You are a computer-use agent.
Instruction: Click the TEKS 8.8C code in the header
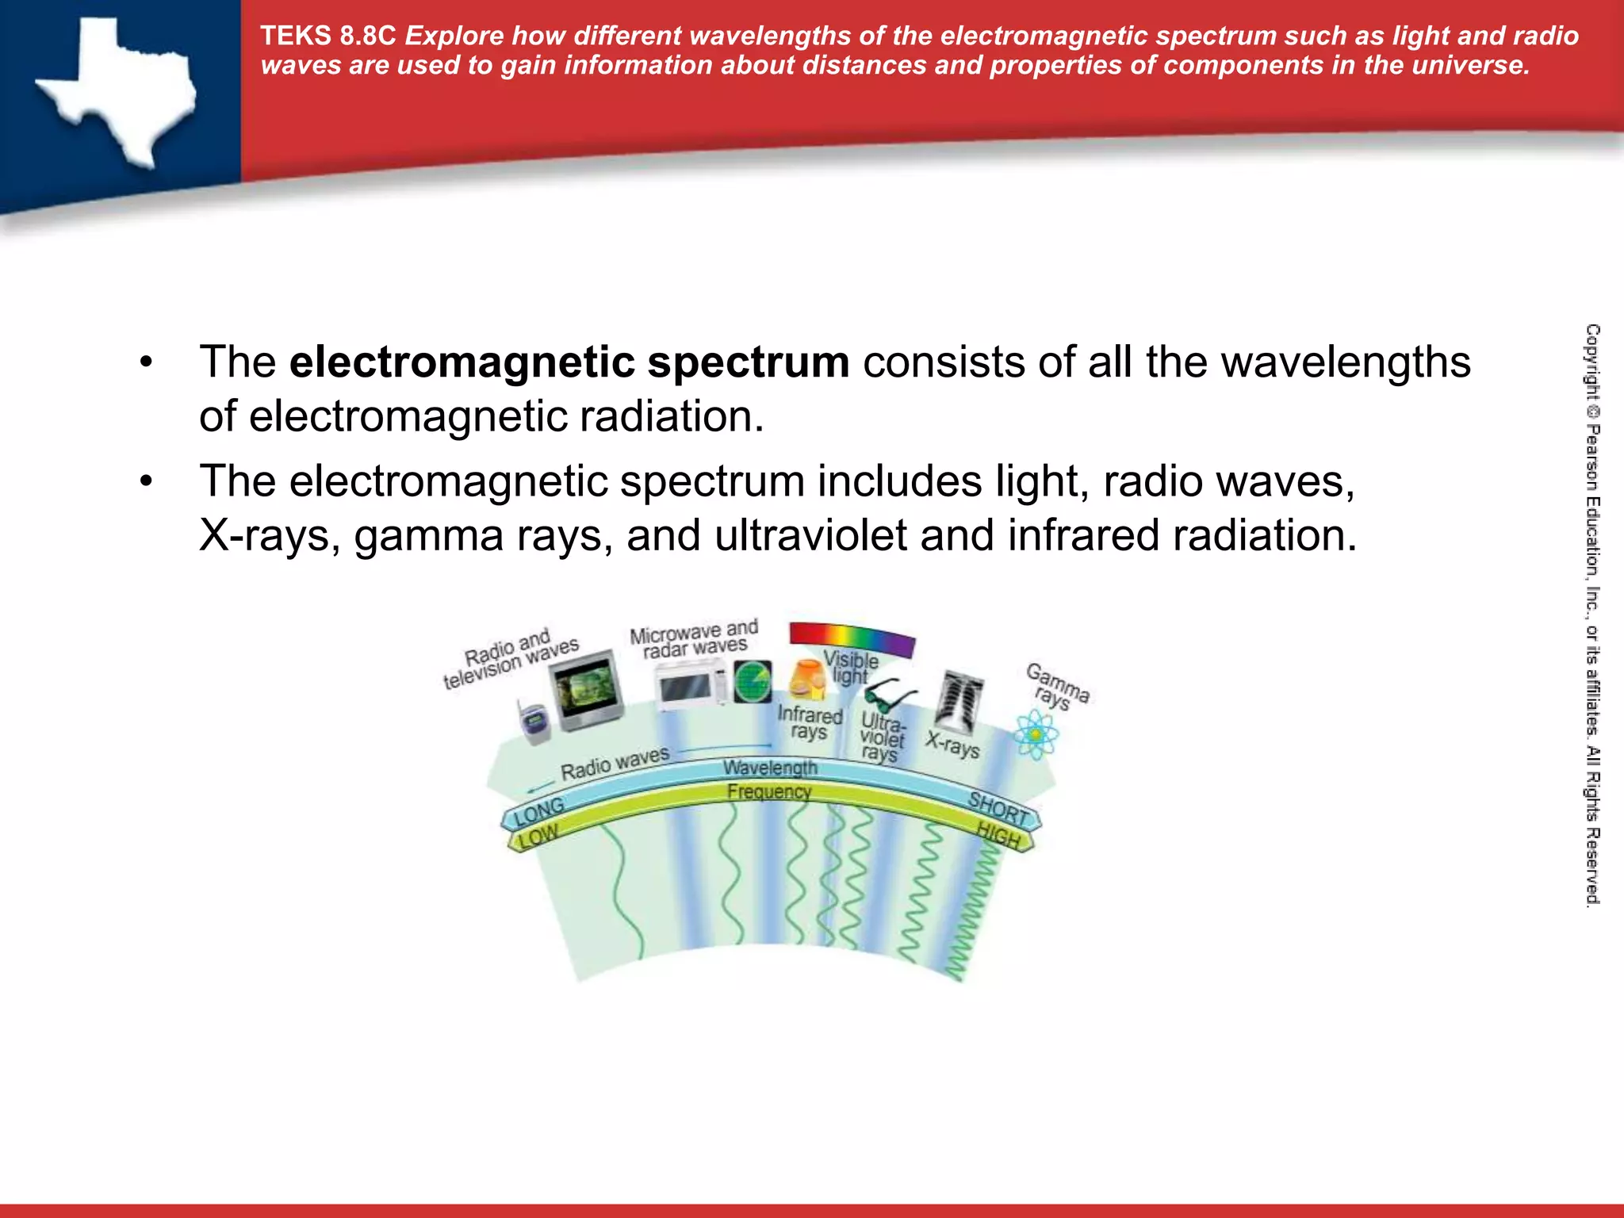tap(327, 36)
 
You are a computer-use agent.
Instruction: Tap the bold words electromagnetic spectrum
tap(569, 362)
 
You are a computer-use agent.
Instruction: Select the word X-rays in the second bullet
tap(270, 535)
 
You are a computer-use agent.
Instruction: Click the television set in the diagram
tap(588, 691)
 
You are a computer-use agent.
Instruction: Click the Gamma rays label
tap(1057, 686)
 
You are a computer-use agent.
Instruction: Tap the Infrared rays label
tap(809, 722)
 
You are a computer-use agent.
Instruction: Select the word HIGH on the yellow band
tap(998, 834)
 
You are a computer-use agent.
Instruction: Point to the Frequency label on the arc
tap(769, 791)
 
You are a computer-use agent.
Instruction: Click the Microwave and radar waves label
tap(694, 639)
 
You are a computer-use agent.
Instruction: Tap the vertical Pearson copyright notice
tap(1592, 615)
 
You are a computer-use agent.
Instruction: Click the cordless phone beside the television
tap(534, 722)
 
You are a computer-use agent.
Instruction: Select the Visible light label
tap(850, 667)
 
